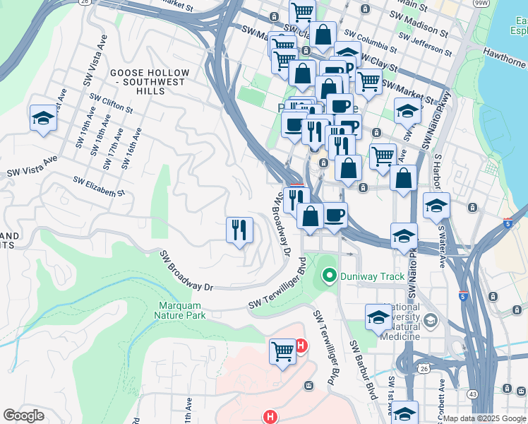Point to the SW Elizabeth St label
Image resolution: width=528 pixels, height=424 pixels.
click(x=99, y=186)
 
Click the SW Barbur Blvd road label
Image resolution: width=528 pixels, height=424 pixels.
click(x=362, y=369)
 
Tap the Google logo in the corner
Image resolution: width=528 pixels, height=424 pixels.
click(x=24, y=415)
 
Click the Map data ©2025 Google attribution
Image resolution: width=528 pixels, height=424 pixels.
click(x=484, y=418)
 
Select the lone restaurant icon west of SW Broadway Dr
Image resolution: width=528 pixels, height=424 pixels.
click(x=239, y=229)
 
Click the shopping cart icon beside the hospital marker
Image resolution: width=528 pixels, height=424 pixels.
click(x=282, y=349)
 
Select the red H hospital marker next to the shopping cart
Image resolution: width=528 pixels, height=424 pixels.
click(x=301, y=346)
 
